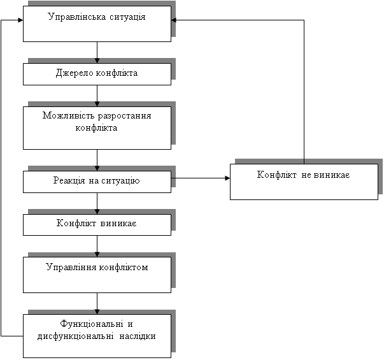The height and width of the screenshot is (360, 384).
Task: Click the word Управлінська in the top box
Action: (x=77, y=17)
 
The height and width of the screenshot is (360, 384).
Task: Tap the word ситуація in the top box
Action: (x=127, y=17)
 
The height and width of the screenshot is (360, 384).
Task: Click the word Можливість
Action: (x=69, y=115)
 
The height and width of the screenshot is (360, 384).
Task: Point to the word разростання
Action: (x=124, y=116)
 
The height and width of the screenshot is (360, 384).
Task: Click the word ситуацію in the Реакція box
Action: (x=120, y=181)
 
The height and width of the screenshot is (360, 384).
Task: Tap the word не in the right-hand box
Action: (x=306, y=175)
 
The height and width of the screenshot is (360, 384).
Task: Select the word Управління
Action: (x=71, y=267)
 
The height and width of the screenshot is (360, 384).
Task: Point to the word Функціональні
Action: (x=92, y=324)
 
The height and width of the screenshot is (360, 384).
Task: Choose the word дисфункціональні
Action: (x=75, y=336)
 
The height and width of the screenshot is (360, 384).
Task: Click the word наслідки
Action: (x=138, y=336)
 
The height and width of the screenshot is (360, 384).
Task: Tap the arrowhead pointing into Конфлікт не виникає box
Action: (x=227, y=178)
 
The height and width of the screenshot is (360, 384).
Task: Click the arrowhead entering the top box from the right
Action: (x=174, y=20)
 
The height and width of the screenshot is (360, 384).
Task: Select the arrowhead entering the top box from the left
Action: (x=20, y=20)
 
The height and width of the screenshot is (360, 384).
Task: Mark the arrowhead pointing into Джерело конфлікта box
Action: (x=97, y=61)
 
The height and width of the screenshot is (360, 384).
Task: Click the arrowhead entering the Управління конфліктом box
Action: (x=97, y=254)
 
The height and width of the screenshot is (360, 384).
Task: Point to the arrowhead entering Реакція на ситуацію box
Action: (x=97, y=168)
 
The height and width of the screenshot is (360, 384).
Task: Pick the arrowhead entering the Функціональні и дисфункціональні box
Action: (x=97, y=312)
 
